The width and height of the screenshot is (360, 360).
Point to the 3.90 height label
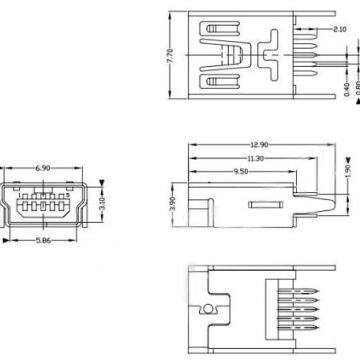point(172,204)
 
